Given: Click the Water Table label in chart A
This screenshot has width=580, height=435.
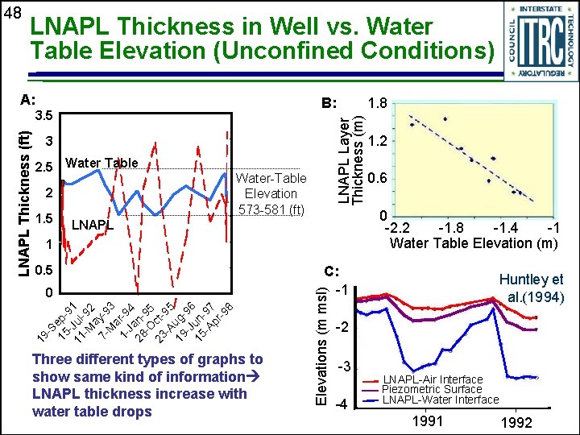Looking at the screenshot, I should click(x=101, y=164).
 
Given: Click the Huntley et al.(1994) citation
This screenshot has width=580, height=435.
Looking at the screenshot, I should click(x=536, y=288).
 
